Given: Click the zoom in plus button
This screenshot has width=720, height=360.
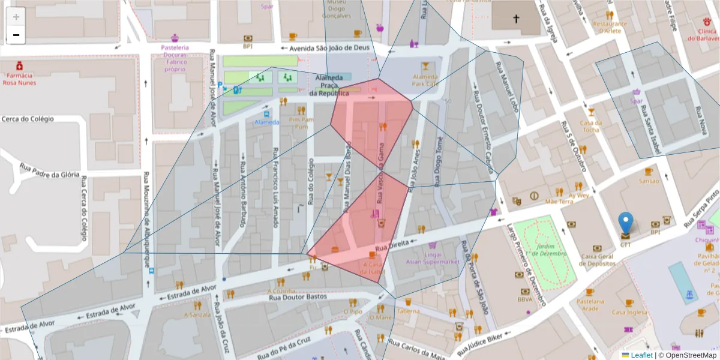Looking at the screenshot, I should coord(16,17).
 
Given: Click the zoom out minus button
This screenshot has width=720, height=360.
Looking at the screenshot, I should coord(16,35).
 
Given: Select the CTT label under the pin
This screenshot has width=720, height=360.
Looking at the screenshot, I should coord(625,245).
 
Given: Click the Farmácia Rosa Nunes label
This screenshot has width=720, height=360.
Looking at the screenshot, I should coord(19,79).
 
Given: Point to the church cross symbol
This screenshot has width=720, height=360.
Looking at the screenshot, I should coord(515,19).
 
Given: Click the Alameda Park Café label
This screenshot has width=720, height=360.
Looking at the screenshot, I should coord(425,80).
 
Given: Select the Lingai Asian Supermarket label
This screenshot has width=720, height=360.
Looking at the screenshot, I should coord(433,257).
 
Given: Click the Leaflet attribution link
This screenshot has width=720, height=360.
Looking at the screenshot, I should coord(641,355).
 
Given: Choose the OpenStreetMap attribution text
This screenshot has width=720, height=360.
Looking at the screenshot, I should coord(687,355).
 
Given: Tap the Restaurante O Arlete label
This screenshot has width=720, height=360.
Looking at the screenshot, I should coord(610,27).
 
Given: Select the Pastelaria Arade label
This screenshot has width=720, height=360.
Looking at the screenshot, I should coord(590,304).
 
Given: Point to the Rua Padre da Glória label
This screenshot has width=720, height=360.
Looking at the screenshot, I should coord(50,171).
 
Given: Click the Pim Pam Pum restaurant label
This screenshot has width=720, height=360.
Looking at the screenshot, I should coord(301,123).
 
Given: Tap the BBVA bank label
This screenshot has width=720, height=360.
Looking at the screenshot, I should coord(526,299).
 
